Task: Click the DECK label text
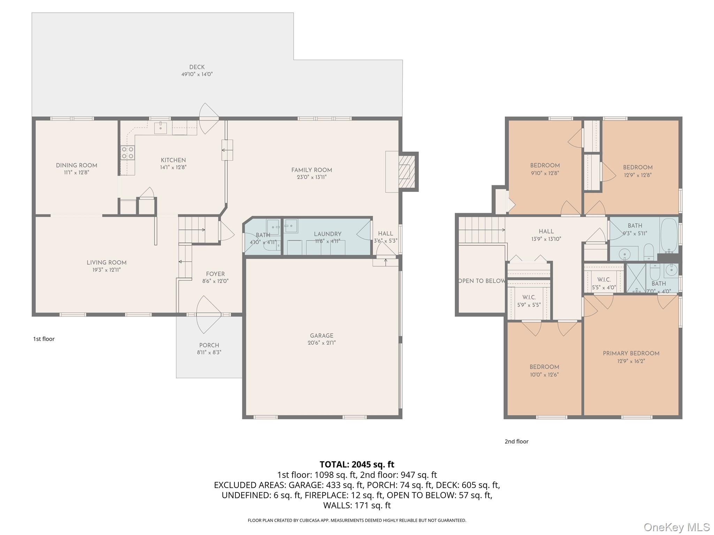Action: tap(197, 67)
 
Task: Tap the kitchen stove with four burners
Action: tap(128, 153)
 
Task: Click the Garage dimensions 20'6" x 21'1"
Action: tap(321, 343)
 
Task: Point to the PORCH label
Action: tap(209, 345)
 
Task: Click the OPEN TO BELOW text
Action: tap(481, 281)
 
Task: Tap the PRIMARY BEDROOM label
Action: tap(631, 353)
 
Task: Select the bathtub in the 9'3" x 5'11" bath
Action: tap(669, 235)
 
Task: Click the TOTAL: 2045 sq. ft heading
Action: tap(357, 464)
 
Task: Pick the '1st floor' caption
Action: tap(44, 339)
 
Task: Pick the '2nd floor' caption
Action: tap(516, 441)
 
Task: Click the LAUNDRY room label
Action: tap(327, 234)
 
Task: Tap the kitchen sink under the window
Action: tap(160, 127)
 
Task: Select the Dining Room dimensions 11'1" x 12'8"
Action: tap(76, 172)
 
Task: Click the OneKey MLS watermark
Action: tap(676, 527)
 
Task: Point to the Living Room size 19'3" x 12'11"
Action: tap(106, 270)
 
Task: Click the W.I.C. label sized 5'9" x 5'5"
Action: tap(529, 297)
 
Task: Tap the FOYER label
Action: tap(215, 274)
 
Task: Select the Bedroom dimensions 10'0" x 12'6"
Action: tap(544, 375)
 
